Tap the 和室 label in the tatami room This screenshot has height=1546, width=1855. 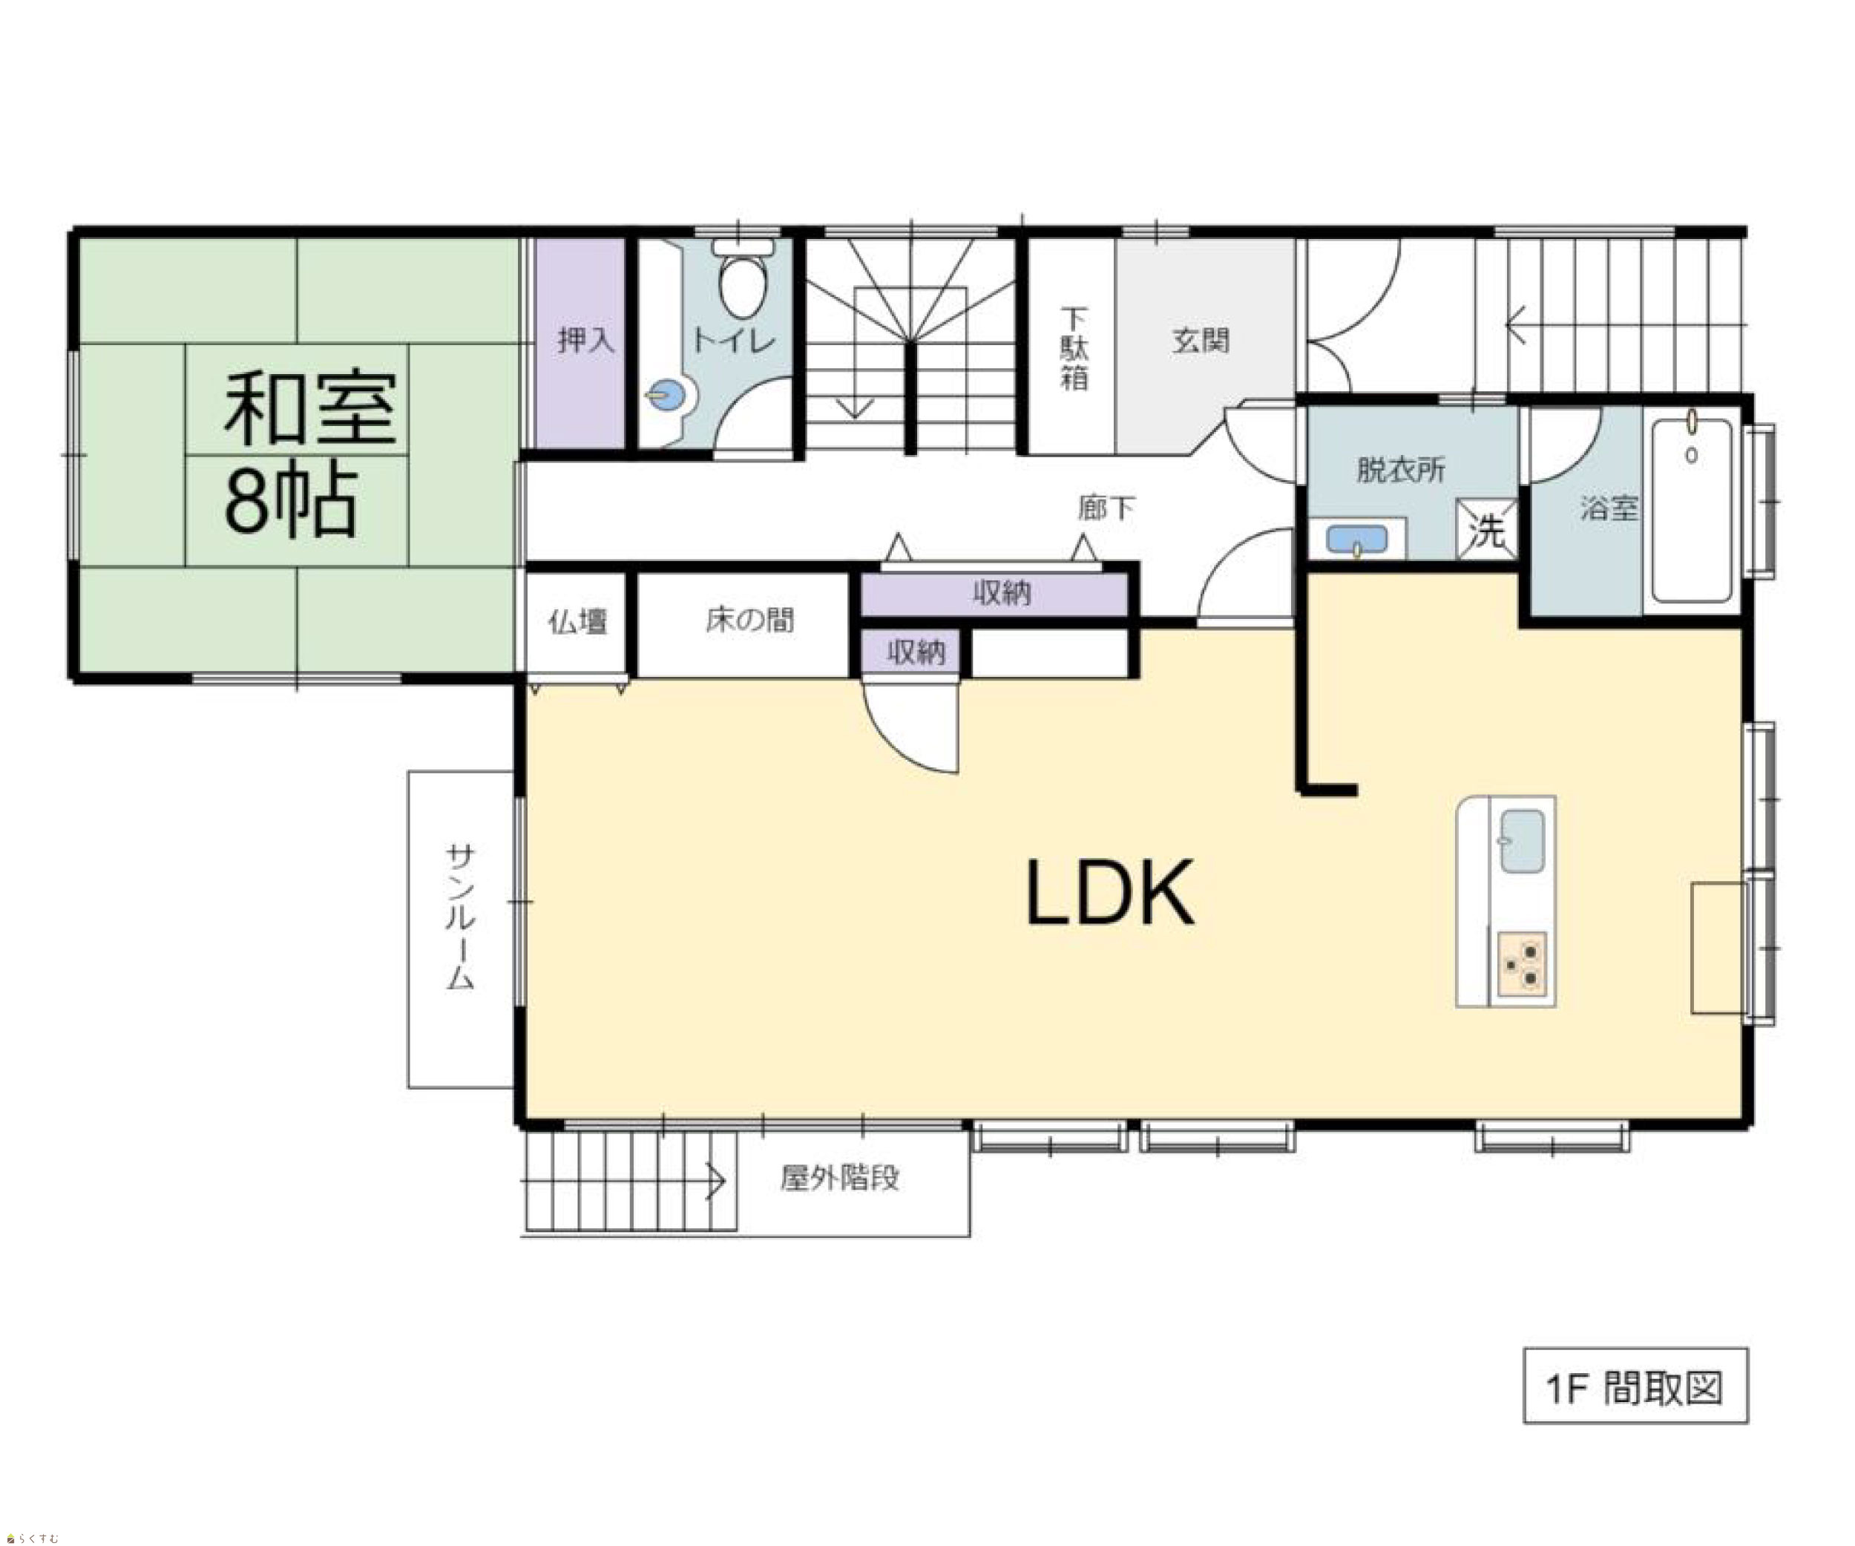tap(310, 408)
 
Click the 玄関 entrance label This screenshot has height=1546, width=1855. tap(1201, 340)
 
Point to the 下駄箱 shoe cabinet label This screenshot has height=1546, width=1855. tap(1074, 348)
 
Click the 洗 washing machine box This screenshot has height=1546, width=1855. tap(1487, 530)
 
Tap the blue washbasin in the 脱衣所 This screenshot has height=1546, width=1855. tap(1357, 539)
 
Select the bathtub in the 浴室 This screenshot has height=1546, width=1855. tap(1692, 510)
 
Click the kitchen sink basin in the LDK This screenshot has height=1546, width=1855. tap(1522, 840)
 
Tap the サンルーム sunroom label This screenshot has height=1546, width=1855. tap(460, 916)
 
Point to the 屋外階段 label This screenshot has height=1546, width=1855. tap(840, 1178)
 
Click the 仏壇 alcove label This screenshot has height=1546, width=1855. tap(578, 622)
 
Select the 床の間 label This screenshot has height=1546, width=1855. tap(749, 620)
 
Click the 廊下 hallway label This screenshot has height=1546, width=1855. tap(1106, 508)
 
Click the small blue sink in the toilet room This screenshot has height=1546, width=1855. tap(668, 395)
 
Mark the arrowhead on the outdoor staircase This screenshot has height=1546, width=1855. tap(718, 1180)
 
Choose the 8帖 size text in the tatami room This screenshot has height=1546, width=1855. tap(292, 501)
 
